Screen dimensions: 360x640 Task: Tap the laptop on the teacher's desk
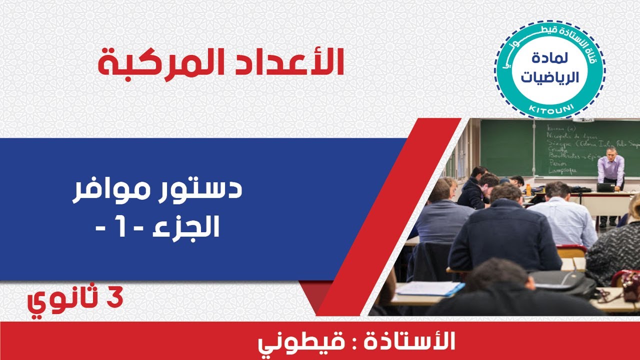[605, 187]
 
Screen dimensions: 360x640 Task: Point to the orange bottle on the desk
[528, 189]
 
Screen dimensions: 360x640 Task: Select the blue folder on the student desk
[430, 288]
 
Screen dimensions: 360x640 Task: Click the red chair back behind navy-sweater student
[571, 250]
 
